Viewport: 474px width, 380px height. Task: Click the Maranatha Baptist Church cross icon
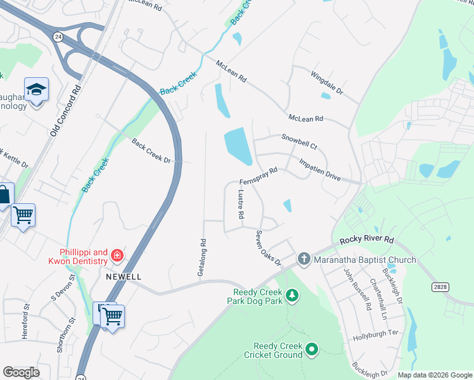point(304,258)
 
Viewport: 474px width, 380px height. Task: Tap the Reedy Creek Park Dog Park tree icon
point(292,295)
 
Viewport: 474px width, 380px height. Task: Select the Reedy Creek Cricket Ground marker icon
point(312,349)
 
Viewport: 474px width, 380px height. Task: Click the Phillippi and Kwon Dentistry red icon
point(117,256)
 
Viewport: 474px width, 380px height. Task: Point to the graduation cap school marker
point(36,90)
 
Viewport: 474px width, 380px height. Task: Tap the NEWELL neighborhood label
point(124,277)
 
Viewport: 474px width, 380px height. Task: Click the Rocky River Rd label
point(366,241)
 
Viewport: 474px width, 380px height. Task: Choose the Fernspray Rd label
point(259,174)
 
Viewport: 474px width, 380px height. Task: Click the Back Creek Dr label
point(151,151)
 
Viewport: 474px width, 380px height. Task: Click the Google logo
point(21,372)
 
